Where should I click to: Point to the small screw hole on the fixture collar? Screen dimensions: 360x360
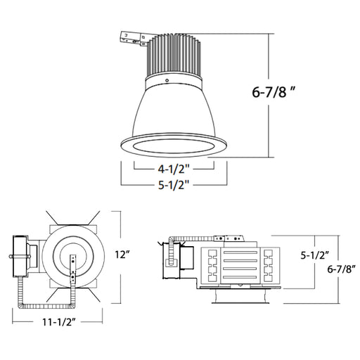167,81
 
